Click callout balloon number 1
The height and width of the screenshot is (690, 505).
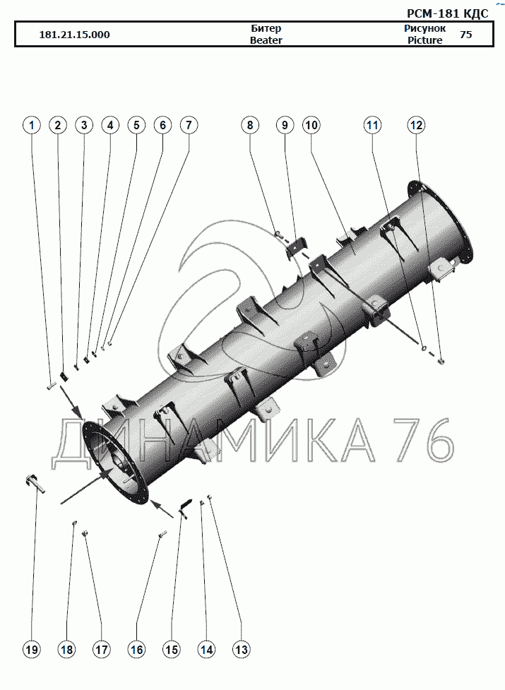pos(31,126)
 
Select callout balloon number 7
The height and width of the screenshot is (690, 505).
pos(189,126)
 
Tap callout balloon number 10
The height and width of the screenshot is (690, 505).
pos(311,126)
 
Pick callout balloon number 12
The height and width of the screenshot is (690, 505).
pos(416,126)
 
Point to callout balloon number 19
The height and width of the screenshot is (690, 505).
pos(31,649)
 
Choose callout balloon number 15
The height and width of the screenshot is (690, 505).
pos(171,649)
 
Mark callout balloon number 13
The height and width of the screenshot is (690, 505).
pos(242,649)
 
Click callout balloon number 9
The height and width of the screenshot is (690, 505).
pos(285,126)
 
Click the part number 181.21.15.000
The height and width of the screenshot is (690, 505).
pos(74,35)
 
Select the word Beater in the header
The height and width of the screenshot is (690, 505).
pos(266,40)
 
